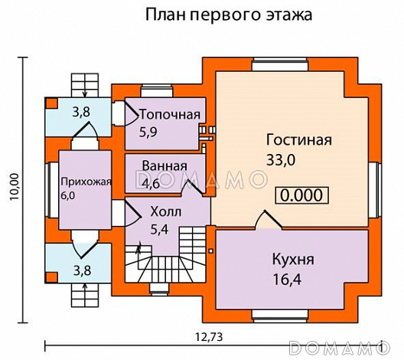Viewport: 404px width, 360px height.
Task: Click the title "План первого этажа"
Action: pos(227,15)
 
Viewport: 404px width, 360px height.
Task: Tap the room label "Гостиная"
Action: pos(298,140)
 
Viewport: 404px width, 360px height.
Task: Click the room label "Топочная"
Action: pos(170,115)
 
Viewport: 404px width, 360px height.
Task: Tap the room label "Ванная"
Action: pos(165,166)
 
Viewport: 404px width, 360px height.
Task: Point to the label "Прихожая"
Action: pos(86,182)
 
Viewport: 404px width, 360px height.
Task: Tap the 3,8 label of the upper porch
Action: pos(81,112)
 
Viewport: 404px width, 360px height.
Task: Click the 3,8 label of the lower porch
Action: pos(81,269)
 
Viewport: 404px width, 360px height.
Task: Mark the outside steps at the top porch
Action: pos(82,82)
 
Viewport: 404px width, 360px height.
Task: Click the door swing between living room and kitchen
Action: pos(269,219)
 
